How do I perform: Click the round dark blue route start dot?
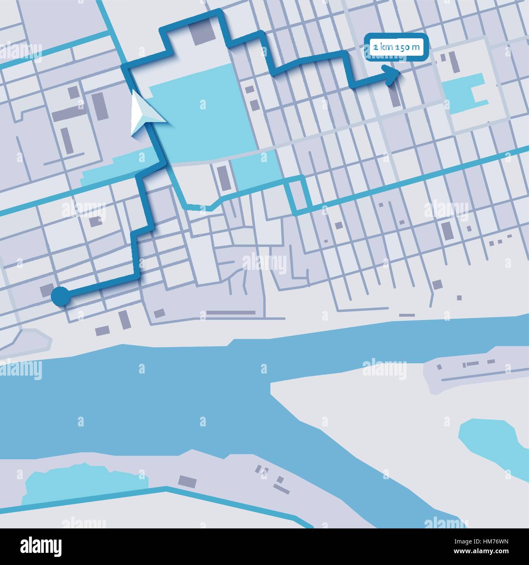tap(60, 296)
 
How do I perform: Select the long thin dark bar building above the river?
tap(231, 313)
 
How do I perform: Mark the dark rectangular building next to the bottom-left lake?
tap(187, 482)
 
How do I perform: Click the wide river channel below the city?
tap(163, 390)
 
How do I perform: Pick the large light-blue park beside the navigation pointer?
tap(203, 122)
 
